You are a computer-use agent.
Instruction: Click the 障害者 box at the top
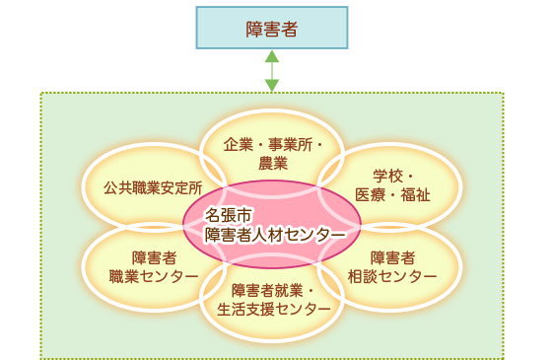pos(271,28)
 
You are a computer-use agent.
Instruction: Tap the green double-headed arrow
pos(272,70)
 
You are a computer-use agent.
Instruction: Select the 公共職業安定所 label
pos(153,185)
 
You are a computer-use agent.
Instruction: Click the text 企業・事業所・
pos(272,144)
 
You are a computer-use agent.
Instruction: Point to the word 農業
pos(272,163)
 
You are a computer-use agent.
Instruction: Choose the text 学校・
pos(391,174)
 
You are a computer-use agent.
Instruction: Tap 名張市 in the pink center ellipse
pos(227,214)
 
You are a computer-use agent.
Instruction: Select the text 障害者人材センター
pos(275,235)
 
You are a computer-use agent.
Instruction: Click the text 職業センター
pos(153,275)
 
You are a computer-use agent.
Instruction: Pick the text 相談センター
pos(392,275)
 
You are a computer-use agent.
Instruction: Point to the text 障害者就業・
pos(272,290)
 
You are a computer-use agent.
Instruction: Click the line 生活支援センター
pos(272,309)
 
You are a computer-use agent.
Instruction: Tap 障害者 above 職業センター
pos(153,256)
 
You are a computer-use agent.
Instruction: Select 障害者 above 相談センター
pos(392,256)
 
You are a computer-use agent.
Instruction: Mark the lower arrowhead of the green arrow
pos(272,86)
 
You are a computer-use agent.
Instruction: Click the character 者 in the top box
pos(289,28)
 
